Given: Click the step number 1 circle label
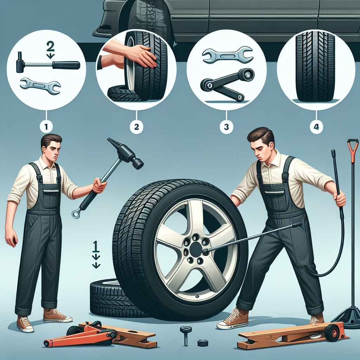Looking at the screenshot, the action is pyautogui.click(x=46, y=126).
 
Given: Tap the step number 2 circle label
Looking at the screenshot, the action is pyautogui.click(x=136, y=126).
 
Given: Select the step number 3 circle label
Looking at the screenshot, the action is pyautogui.click(x=226, y=126).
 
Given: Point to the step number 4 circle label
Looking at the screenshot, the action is pyautogui.click(x=316, y=126).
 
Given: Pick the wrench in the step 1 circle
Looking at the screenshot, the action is pyautogui.click(x=40, y=86).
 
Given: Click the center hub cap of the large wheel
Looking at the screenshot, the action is pyautogui.click(x=196, y=249).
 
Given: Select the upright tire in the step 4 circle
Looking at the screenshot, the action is pyautogui.click(x=315, y=66).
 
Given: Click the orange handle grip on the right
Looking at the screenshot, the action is pyautogui.click(x=353, y=147).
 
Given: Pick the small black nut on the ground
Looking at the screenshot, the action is pyautogui.click(x=203, y=343).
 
